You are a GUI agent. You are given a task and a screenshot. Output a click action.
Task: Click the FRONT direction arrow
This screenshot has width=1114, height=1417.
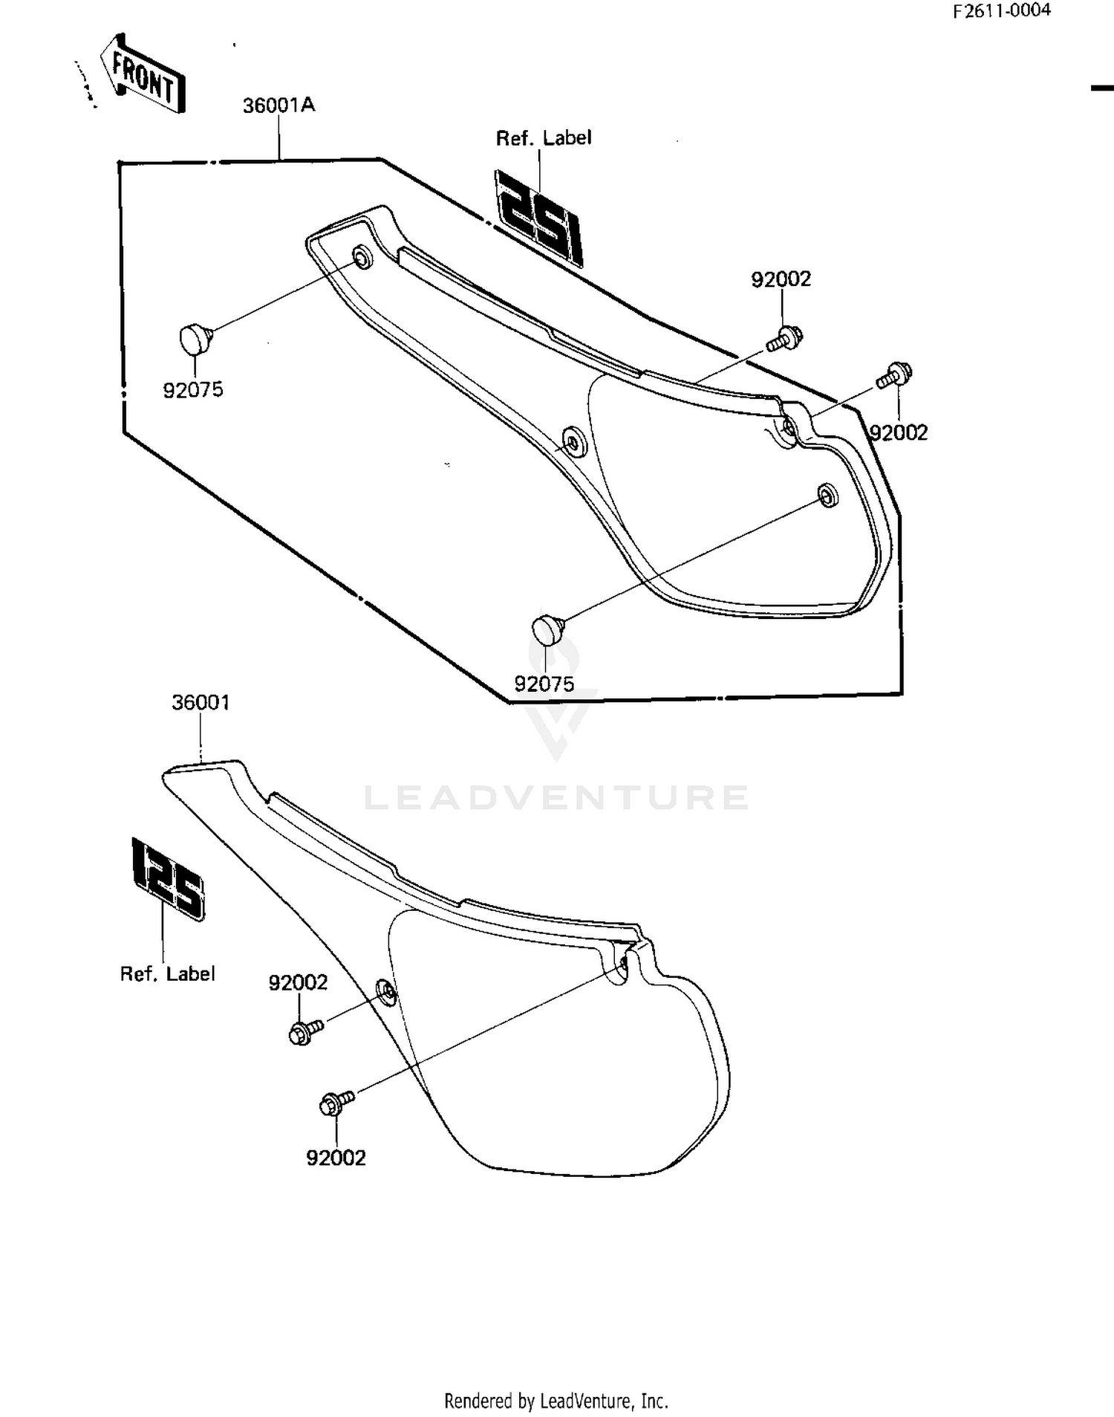(x=143, y=74)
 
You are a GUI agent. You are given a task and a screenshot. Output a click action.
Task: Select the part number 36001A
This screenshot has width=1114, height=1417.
(x=278, y=106)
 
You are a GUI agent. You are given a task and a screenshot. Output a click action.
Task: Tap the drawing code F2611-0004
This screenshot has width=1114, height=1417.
(x=1002, y=10)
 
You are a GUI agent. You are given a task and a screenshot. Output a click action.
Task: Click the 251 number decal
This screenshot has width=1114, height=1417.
(x=539, y=218)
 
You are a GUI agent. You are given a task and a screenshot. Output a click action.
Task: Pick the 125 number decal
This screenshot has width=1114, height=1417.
(x=168, y=879)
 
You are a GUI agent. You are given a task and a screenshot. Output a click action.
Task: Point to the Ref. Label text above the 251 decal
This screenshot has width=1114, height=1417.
(x=544, y=138)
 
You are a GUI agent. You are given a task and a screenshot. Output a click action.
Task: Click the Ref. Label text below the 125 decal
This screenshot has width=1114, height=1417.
(x=168, y=973)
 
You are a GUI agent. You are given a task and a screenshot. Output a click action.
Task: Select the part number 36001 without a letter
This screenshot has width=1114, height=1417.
(x=201, y=702)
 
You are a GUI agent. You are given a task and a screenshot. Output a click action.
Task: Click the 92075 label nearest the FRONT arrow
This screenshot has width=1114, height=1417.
(x=193, y=389)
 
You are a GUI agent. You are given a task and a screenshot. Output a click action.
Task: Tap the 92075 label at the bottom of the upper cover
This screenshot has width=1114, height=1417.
(x=544, y=684)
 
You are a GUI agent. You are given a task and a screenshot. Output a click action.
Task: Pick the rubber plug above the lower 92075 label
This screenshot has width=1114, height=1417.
(x=549, y=630)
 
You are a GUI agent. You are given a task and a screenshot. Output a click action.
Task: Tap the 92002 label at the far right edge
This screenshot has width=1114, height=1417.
(x=899, y=432)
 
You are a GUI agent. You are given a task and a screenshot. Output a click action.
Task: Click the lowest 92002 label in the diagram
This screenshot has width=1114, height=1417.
(x=336, y=1158)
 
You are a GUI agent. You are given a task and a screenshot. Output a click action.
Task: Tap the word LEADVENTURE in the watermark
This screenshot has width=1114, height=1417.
(x=556, y=797)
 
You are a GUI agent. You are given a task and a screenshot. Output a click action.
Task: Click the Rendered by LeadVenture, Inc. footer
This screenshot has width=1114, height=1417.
(x=556, y=1401)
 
